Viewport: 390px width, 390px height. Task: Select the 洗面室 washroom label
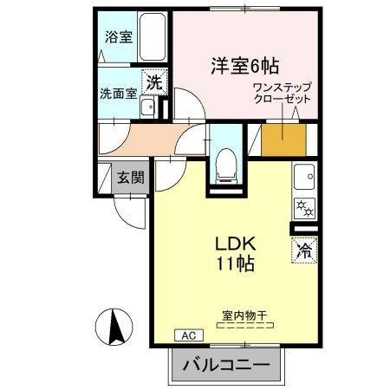coord(118,93)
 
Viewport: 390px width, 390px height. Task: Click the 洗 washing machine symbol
coord(153,83)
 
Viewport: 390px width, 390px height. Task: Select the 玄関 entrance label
coord(132,179)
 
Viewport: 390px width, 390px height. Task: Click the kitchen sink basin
coord(305,179)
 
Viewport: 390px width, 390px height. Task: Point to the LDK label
coord(235,244)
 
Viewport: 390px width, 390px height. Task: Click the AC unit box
coord(187,335)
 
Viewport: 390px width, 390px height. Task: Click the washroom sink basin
coord(148,108)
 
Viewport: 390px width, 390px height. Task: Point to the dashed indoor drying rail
coord(244,328)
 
